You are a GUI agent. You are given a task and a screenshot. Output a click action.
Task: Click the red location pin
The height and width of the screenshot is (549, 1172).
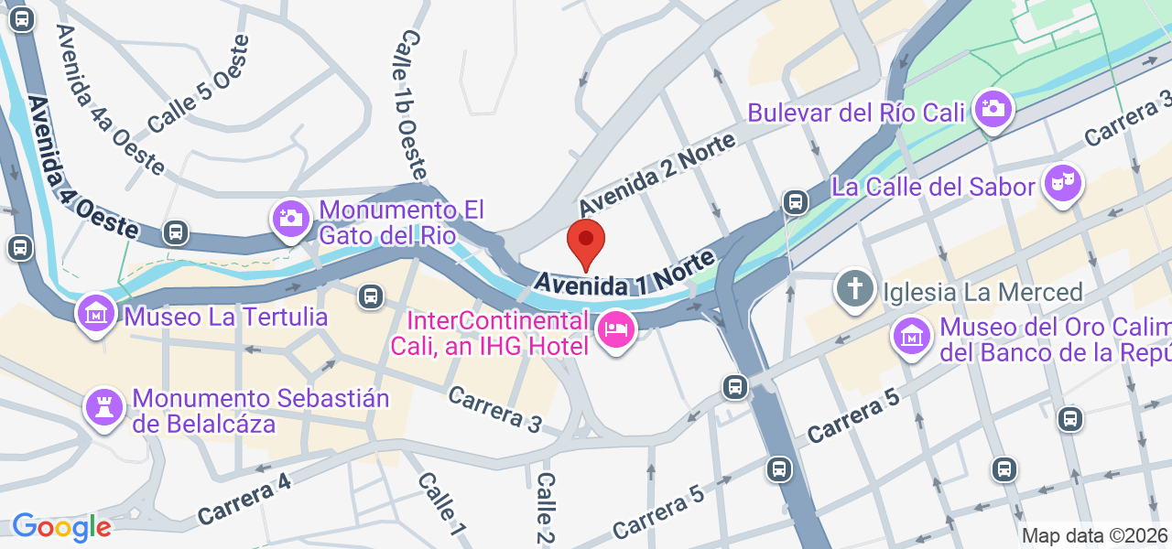coord(586,243)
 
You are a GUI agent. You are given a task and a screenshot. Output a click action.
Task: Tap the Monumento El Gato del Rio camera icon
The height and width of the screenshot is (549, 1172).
coord(291,218)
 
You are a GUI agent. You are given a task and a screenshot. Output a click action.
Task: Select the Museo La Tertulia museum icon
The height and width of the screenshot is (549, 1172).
coord(95,315)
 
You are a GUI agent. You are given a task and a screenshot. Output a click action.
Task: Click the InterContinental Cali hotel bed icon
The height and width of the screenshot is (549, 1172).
coord(616,329)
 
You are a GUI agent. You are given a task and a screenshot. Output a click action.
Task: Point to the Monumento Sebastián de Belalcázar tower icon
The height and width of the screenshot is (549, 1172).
coord(103,407)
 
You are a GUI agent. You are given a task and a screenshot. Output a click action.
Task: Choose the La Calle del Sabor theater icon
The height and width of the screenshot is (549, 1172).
coord(1062,183)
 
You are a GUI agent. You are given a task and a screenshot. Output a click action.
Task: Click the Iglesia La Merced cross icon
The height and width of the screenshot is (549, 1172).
coord(854,290)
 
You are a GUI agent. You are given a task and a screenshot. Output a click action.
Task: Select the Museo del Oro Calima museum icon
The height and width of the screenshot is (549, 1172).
coord(912,336)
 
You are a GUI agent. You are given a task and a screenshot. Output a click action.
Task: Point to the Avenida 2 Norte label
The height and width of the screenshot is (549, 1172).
coord(657,174)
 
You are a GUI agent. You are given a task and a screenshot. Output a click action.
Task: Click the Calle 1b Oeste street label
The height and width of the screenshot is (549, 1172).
coord(413,103)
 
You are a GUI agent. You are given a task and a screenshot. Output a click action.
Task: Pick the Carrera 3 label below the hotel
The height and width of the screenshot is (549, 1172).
coord(495,410)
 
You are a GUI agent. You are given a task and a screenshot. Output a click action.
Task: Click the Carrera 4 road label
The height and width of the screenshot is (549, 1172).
coord(244,501)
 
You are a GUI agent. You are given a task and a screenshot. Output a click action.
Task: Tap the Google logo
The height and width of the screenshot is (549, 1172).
coord(61,527)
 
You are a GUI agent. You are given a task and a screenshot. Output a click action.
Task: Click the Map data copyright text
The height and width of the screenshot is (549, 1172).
coord(1094,536)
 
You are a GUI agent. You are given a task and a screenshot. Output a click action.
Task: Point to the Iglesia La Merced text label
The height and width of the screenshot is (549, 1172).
coord(982,293)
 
